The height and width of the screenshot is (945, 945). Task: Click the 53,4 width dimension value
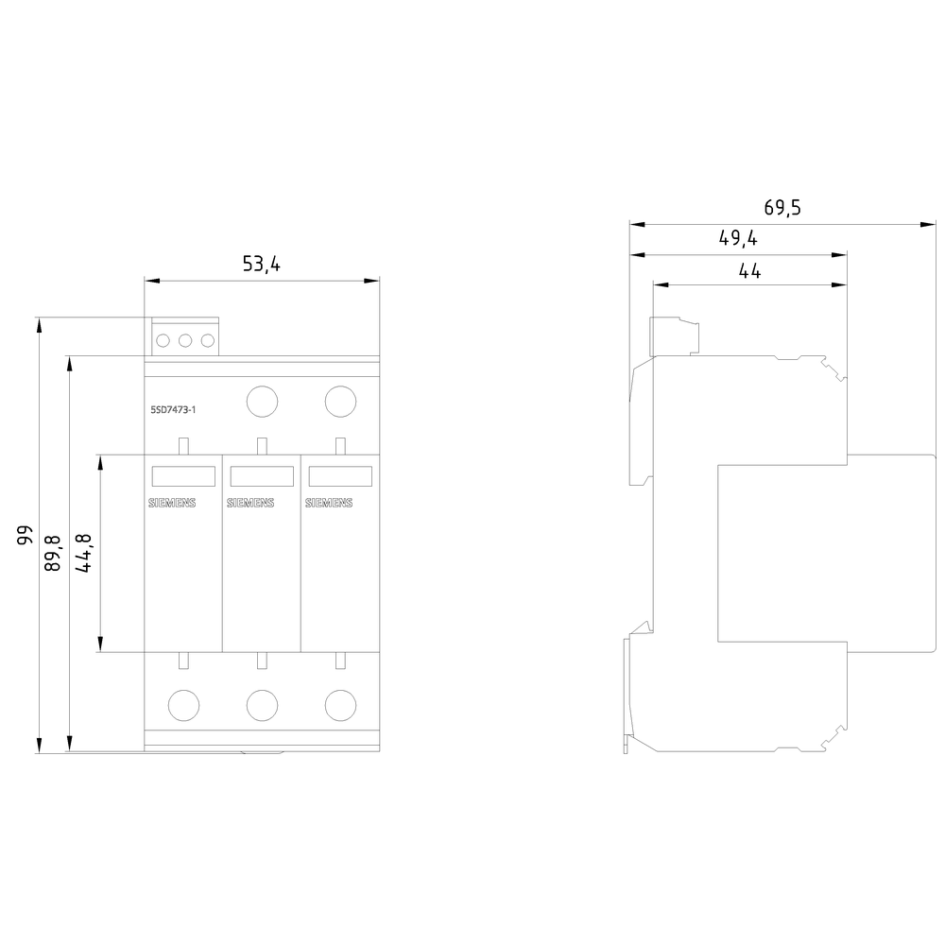point(262,265)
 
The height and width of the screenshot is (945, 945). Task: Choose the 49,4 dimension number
point(738,239)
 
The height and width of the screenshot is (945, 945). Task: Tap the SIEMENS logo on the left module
point(173,504)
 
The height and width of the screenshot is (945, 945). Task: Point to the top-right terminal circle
point(339,402)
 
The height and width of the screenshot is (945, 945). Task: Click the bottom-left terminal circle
point(182,704)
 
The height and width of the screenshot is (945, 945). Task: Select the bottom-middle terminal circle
point(261,704)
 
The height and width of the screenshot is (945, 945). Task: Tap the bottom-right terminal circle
point(339,704)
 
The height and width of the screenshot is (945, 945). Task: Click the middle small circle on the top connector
point(185,341)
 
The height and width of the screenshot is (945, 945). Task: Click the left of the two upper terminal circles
point(261,402)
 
